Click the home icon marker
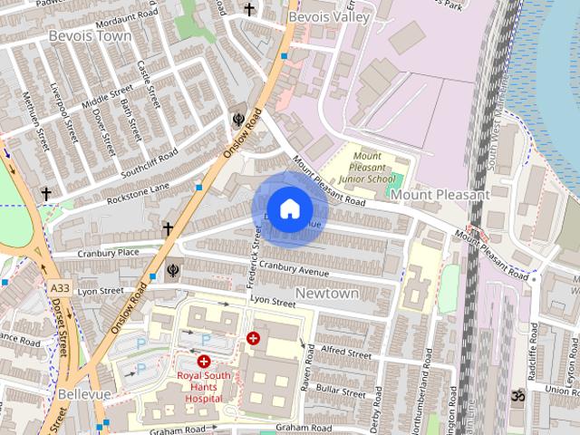289,209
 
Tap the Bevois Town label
90,36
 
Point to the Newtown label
327,294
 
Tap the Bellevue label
84,395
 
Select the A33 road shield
60,287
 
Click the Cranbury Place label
109,253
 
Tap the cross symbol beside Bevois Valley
249,10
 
